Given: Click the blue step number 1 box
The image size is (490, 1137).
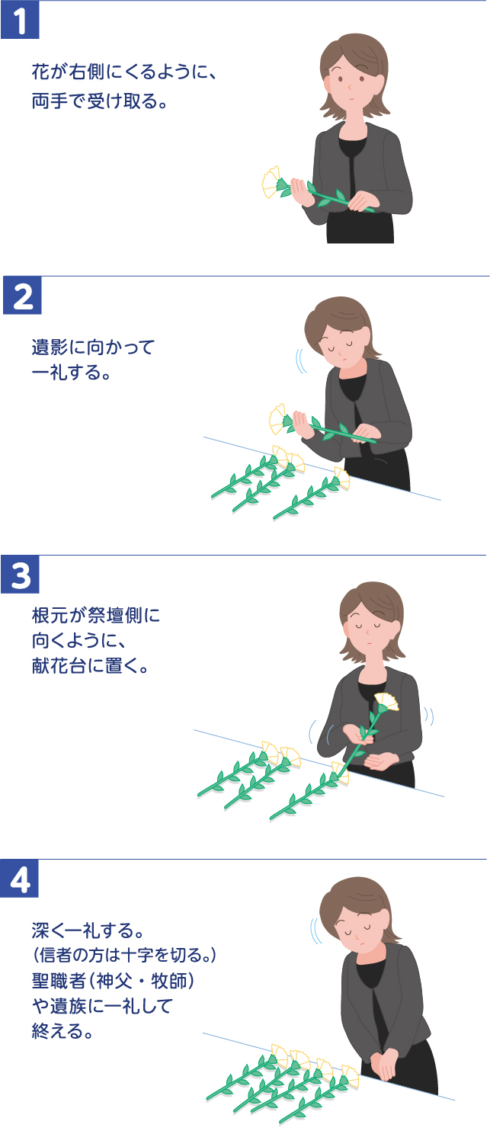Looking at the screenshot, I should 21,21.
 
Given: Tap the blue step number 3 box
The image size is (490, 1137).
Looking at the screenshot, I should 21,575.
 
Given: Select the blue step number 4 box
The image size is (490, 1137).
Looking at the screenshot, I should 21,879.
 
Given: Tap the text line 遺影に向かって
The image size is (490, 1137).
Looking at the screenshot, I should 92,348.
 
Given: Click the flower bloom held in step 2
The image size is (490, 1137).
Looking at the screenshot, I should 279,418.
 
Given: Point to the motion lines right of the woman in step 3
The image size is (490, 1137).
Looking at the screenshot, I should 429,717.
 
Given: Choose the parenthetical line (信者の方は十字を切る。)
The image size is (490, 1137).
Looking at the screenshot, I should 125,954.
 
